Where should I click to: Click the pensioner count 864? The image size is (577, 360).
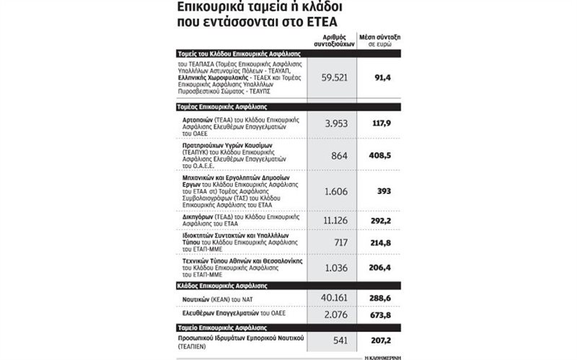[337, 154]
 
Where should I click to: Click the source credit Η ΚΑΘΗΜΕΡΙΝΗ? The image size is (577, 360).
[380, 356]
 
